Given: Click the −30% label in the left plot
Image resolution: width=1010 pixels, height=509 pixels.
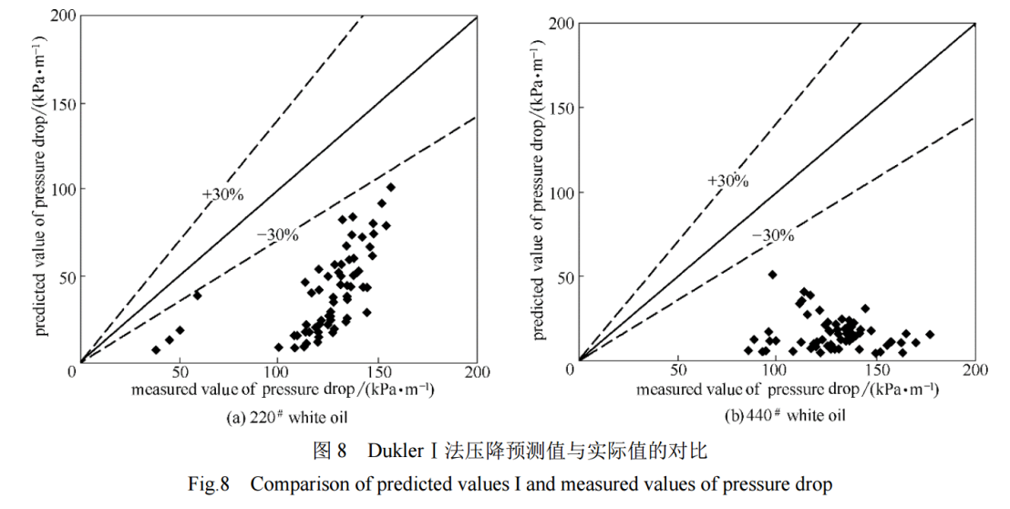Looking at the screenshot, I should coord(277,234).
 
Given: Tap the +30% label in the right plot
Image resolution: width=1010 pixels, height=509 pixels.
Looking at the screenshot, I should coord(727,181).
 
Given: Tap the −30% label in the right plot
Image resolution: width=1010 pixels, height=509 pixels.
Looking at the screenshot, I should coord(773,235).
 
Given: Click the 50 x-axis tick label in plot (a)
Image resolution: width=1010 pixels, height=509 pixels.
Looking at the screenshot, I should coord(180,372).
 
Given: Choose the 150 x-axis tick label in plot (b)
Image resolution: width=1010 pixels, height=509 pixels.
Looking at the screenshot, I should coord(875,371).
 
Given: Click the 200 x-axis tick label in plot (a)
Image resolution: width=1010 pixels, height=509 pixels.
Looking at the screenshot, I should coord(477,372).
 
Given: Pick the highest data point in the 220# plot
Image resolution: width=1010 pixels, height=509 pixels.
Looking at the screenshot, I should coord(390,187).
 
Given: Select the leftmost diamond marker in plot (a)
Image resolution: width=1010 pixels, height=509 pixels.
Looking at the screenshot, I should coord(156,350).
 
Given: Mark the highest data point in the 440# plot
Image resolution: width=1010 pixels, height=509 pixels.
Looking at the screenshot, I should coord(772,275).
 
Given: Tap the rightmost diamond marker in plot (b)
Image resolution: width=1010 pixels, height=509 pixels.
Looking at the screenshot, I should coord(930,335).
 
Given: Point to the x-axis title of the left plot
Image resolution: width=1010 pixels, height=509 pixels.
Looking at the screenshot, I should coord(283,390).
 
